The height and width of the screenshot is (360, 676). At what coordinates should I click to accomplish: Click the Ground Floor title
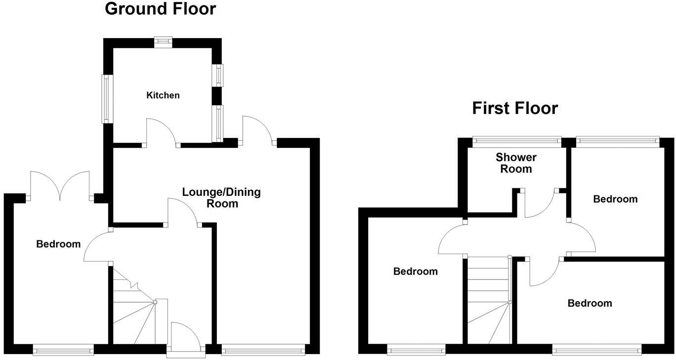[x=160, y=9]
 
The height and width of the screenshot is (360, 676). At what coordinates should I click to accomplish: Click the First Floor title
[x=514, y=108]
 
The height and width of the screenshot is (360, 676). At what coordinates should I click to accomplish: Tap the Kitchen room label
[x=163, y=95]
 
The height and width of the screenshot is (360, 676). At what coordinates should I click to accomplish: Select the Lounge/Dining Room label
[x=221, y=198]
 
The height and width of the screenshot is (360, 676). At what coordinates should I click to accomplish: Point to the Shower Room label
[x=516, y=163]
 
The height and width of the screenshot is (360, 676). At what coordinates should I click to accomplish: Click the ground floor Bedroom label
[x=58, y=244]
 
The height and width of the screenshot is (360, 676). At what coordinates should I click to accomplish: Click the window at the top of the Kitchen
[x=163, y=42]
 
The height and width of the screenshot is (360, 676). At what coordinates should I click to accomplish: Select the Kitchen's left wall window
[x=105, y=98]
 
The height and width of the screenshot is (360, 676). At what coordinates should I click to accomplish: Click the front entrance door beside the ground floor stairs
[x=186, y=339]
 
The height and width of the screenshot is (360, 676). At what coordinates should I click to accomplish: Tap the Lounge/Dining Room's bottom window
[x=263, y=350]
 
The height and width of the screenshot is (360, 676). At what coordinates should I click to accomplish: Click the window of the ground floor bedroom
[x=63, y=350]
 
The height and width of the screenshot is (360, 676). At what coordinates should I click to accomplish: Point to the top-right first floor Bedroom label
[x=615, y=199]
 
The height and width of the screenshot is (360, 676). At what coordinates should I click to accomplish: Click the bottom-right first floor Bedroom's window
[x=596, y=350]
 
